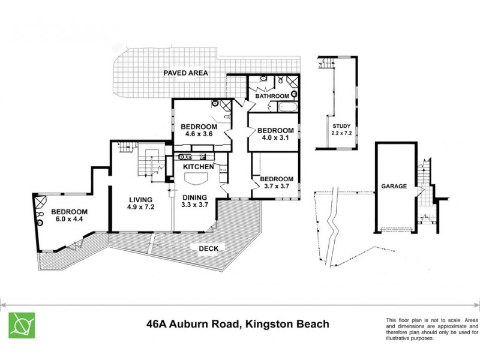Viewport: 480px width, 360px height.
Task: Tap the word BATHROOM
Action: (272, 96)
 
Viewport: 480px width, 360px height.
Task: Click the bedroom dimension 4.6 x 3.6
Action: (199, 135)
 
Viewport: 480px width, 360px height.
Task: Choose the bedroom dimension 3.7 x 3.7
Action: (276, 187)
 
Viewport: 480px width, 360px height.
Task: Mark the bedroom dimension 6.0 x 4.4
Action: (69, 220)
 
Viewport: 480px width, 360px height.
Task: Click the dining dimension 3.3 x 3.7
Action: (194, 205)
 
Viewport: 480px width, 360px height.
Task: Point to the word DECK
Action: (202, 248)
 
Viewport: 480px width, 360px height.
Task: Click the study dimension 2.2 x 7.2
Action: (341, 133)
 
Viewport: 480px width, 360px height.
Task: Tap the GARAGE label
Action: (394, 187)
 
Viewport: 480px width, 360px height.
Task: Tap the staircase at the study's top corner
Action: (325, 63)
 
